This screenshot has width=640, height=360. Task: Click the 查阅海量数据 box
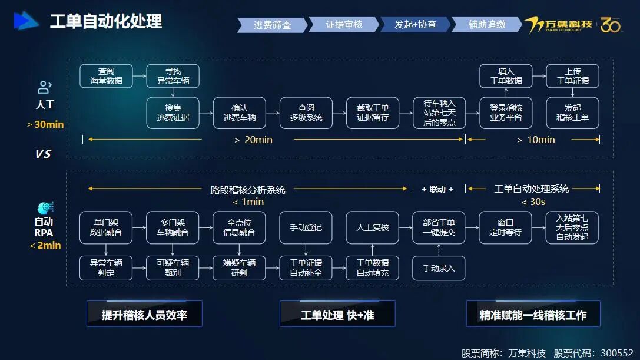coord(106,76)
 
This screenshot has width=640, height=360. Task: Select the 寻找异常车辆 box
coord(173,76)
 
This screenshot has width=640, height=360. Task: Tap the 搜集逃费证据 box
coord(173,113)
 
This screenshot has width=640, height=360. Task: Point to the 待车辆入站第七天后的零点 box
coord(439,113)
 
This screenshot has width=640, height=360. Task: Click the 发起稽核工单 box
coord(572,113)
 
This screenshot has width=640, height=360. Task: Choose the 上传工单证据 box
coord(572,76)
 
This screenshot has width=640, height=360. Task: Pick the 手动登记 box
coord(306,227)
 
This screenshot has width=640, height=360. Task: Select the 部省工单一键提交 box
coord(439,227)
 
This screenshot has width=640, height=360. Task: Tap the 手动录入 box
coord(439,268)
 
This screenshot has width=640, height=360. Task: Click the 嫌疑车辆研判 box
coord(239,268)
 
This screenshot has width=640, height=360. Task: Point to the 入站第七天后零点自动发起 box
coord(572,227)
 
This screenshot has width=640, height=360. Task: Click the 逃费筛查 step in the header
coord(272,25)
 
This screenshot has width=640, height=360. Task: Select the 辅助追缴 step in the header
coord(486,25)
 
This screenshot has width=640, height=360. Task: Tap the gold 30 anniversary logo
coord(611,25)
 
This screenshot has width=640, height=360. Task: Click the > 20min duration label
coord(253,140)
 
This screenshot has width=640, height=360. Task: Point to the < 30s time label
coord(533,202)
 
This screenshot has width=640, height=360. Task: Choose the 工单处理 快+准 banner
coord(337,314)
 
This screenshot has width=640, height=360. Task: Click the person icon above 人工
coord(45,87)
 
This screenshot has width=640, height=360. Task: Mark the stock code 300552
coord(616,353)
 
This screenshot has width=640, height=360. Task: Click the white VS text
coord(43,154)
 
